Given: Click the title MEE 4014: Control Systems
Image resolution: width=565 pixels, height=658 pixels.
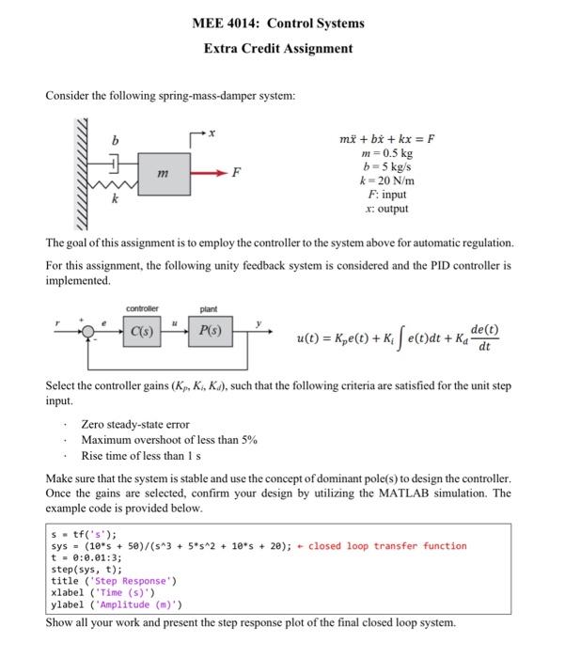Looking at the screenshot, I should pyautogui.click(x=278, y=23).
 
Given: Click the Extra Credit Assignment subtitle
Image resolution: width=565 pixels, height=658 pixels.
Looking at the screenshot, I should pyautogui.click(x=278, y=48).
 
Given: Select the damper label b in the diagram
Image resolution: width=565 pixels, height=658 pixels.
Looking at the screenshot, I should pyautogui.click(x=116, y=142).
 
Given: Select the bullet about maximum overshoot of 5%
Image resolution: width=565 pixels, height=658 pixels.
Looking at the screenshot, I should pyautogui.click(x=169, y=440).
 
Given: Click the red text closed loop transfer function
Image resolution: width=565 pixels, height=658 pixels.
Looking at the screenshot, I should pyautogui.click(x=387, y=545).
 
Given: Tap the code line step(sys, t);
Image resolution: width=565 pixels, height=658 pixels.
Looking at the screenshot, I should pyautogui.click(x=86, y=569).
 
